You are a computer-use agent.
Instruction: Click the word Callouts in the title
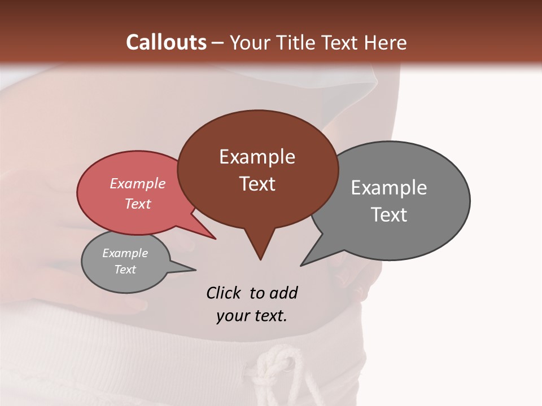pyautogui.click(x=166, y=42)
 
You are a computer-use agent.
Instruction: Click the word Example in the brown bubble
pyautogui.click(x=257, y=157)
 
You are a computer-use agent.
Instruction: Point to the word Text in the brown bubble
pyautogui.click(x=257, y=184)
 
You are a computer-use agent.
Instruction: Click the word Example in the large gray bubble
pyautogui.click(x=388, y=188)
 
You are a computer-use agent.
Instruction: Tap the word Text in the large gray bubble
pyautogui.click(x=388, y=215)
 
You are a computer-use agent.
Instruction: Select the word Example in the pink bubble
pyautogui.click(x=137, y=183)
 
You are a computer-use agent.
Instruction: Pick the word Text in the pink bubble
pyautogui.click(x=137, y=204)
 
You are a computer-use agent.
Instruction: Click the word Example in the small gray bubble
pyautogui.click(x=125, y=253)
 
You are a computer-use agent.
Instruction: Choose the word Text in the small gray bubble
pyautogui.click(x=125, y=270)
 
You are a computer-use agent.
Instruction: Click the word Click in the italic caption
pyautogui.click(x=224, y=293)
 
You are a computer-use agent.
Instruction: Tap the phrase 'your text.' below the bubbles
pyautogui.click(x=251, y=316)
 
